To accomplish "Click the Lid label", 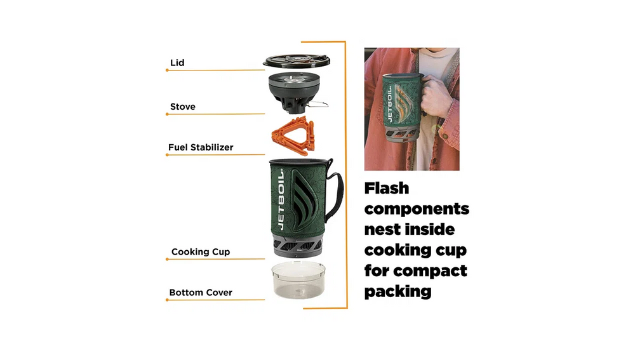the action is coord(177,63).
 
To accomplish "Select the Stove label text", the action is coord(183,107).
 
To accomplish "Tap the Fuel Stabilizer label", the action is coord(201,147).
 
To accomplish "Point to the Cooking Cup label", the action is coord(201,251).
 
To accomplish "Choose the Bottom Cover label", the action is coord(201,292).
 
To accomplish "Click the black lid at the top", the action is coord(297,61).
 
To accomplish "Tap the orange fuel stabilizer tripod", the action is coord(293,135).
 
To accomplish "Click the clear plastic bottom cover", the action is coord(298,280).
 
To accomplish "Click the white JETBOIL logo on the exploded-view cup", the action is coord(281,199).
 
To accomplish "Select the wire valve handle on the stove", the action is coord(317,105).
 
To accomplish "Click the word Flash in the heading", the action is coord(386,189).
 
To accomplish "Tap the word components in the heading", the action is coord(417,209).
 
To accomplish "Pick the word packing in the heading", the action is coord(398,291).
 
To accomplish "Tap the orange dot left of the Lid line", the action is coord(167,70).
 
